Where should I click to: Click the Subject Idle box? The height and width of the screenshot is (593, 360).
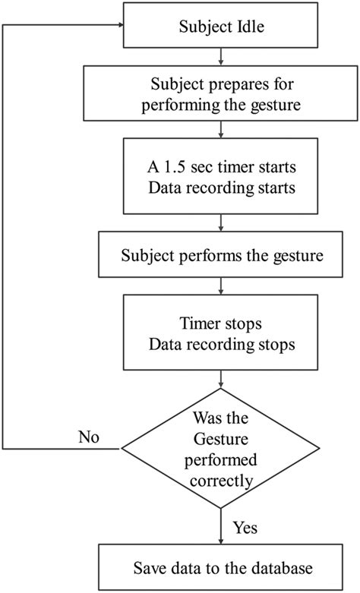220,27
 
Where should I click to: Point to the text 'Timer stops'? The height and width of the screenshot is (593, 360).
220,323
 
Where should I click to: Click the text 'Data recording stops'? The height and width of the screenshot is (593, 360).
220,345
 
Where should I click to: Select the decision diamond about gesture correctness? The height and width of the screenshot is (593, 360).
220,448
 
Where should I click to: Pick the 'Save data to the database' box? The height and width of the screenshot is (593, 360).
220,566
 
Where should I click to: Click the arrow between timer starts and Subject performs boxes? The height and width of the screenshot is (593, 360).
220,223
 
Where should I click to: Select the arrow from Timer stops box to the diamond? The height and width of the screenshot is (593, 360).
220,377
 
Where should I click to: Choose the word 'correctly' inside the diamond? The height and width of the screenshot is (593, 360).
220,480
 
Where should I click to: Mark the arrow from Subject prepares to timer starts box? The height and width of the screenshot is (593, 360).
220,128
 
